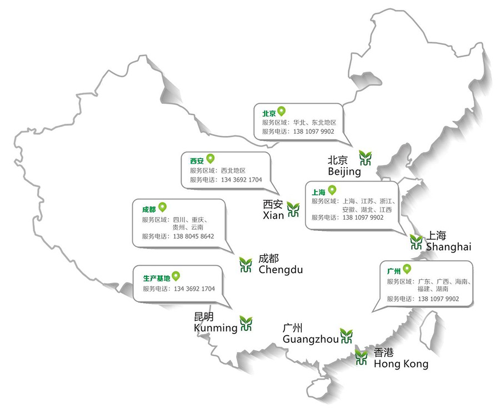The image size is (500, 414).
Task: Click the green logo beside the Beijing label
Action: (365, 158)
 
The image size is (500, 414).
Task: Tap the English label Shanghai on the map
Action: (448, 247)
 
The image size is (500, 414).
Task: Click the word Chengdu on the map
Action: (281, 270)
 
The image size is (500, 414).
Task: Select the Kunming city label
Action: (216, 328)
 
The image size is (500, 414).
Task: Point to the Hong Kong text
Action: (401, 364)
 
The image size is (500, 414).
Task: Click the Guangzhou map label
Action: (311, 339)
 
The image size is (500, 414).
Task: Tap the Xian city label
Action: (273, 215)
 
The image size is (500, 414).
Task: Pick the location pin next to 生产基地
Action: (176, 276)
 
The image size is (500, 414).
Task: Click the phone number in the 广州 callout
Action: (438, 299)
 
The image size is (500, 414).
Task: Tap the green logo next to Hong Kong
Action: (362, 357)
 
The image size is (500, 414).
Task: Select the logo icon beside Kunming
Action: (246, 323)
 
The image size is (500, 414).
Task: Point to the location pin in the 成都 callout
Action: (162, 208)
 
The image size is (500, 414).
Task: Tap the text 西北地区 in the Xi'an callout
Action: (233, 171)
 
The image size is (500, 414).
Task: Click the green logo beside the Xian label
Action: (293, 210)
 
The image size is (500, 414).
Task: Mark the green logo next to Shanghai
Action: (416, 241)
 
